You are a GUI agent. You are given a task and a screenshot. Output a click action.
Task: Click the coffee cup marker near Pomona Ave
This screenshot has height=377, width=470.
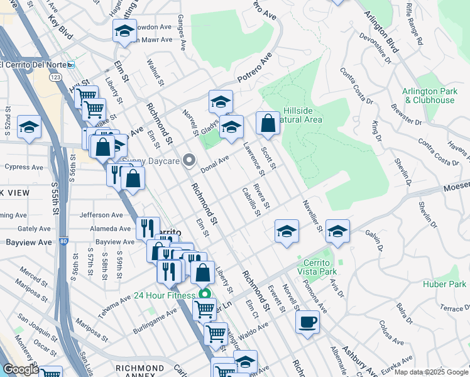[307, 322]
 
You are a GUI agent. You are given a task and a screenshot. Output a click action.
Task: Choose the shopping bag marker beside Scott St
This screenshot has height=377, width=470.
[268, 124]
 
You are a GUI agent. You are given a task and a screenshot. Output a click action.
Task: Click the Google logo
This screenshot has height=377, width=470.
[21, 369]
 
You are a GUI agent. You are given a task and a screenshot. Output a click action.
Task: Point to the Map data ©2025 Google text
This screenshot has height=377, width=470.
[431, 372]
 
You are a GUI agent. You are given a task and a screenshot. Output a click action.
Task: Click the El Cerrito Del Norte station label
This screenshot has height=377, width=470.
[34, 64]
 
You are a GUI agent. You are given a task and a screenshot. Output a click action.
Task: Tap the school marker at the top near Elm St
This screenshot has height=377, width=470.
[124, 31]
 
